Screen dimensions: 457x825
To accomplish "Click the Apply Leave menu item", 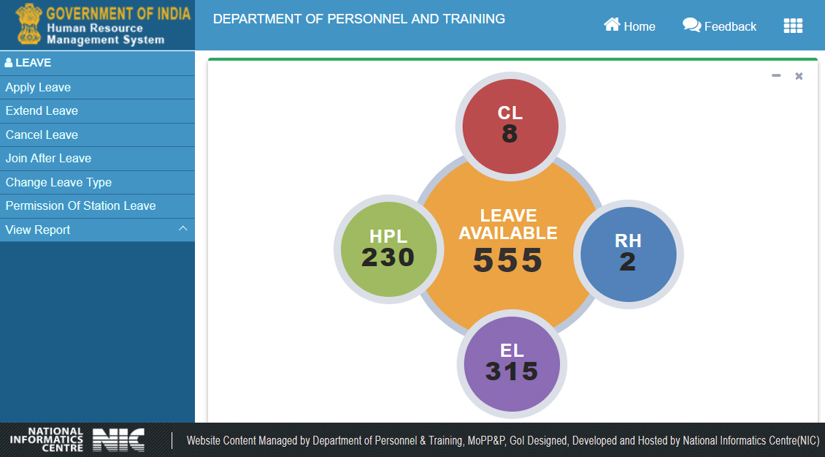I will coord(38,88).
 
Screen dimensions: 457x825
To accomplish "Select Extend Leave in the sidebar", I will coord(42,111).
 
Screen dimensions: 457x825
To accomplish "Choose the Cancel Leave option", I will coord(42,135).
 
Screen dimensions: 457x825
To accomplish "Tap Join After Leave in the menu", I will coord(48,159).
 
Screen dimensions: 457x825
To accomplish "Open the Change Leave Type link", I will coord(58,183).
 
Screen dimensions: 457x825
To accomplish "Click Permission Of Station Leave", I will coord(80,206).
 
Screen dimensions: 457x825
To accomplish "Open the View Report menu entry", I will coord(38,230).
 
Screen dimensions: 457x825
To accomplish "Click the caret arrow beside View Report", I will coord(183,229).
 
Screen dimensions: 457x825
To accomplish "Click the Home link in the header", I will coord(629,26).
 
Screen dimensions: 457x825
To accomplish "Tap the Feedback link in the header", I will coord(720,26).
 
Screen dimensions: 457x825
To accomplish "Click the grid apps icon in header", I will coord(793,26).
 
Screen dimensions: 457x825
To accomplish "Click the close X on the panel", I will coord(799,76).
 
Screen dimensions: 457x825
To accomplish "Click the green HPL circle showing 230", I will coord(388,249).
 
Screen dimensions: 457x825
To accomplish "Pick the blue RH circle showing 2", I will coord(628,254).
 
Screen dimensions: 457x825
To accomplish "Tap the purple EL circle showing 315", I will coord(512,363).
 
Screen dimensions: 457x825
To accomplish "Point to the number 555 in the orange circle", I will coord(508,260).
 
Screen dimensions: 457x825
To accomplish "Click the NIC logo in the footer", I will coord(118,439).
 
